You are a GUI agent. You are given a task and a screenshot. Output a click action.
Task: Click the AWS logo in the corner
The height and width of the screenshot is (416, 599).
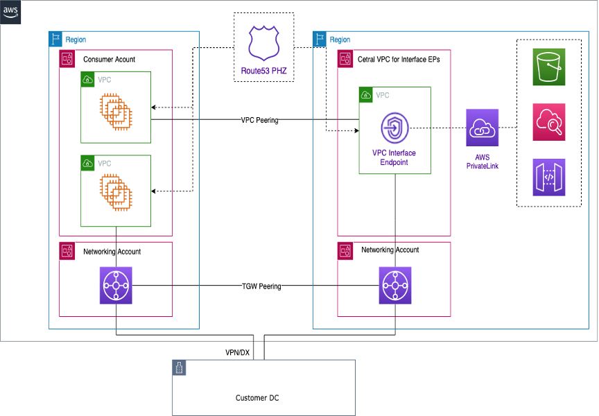tap(11, 12)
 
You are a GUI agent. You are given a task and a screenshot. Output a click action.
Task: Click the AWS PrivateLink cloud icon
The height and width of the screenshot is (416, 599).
tap(483, 128)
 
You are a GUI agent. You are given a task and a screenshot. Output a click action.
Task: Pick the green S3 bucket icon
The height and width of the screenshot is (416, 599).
tap(549, 67)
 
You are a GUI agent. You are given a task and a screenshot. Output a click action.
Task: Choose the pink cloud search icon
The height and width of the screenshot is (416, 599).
tap(549, 122)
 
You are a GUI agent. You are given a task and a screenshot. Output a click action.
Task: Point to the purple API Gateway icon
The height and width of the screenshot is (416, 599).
tap(549, 177)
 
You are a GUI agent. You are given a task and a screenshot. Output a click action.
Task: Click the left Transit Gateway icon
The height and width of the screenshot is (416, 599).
tap(116, 286)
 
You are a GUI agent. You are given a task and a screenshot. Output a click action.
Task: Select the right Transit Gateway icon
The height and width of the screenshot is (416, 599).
tap(395, 286)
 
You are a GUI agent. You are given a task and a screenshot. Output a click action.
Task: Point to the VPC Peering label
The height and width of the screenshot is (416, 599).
tap(259, 120)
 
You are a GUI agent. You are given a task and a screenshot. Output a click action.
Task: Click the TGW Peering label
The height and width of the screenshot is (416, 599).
tap(261, 286)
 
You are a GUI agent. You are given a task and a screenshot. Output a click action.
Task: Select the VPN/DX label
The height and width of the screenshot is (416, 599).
tap(236, 352)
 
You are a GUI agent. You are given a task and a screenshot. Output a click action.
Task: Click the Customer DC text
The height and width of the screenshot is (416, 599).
tap(258, 398)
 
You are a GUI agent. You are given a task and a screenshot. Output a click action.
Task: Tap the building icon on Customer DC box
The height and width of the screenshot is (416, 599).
tap(180, 368)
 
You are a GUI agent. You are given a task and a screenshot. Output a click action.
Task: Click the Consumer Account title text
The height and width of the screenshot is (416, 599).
tap(109, 60)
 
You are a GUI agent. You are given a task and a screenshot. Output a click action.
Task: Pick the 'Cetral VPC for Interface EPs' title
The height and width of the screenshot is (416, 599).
tap(398, 60)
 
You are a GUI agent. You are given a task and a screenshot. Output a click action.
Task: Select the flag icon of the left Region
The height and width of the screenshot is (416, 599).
tap(56, 39)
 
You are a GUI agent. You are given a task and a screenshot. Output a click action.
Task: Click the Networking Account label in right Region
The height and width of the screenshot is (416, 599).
tap(390, 250)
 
